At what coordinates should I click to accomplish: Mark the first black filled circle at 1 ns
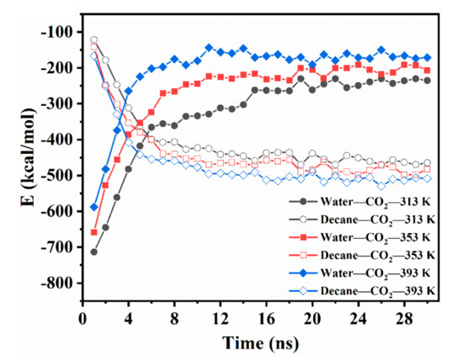click(93, 251)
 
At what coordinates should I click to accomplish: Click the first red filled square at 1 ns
click(93, 232)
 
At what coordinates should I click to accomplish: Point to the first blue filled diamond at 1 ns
click(93, 206)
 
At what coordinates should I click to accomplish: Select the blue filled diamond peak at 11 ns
click(209, 48)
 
